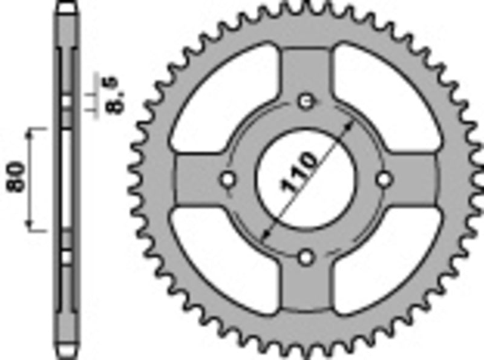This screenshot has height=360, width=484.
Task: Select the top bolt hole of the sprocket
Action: (307, 100)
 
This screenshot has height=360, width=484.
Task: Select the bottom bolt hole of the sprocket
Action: (307, 258)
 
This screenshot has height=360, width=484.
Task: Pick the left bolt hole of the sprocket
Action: (228, 180)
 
